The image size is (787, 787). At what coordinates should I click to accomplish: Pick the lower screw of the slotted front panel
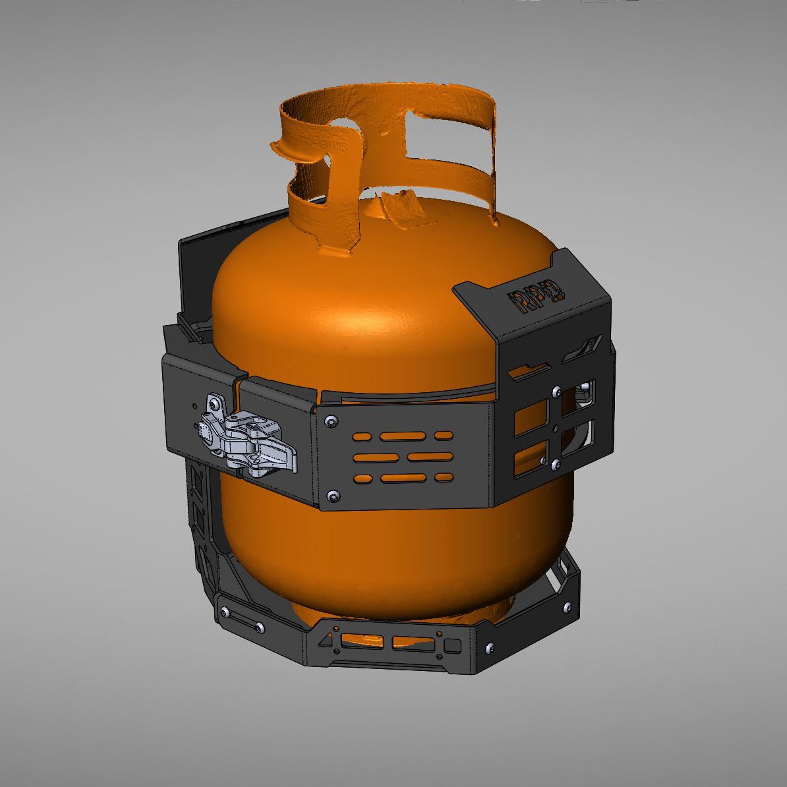pyautogui.click(x=334, y=494)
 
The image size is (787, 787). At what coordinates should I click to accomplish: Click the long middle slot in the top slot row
pyautogui.click(x=402, y=436)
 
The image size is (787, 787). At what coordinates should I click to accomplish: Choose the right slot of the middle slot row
pyautogui.click(x=430, y=457)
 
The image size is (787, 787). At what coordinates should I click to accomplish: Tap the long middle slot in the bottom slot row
pyautogui.click(x=403, y=478)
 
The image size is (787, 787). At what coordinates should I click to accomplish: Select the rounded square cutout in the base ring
pyautogui.click(x=452, y=645)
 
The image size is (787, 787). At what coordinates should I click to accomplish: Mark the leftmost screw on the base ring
pyautogui.click(x=225, y=612)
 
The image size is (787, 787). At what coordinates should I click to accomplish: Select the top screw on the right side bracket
pyautogui.click(x=558, y=391)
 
